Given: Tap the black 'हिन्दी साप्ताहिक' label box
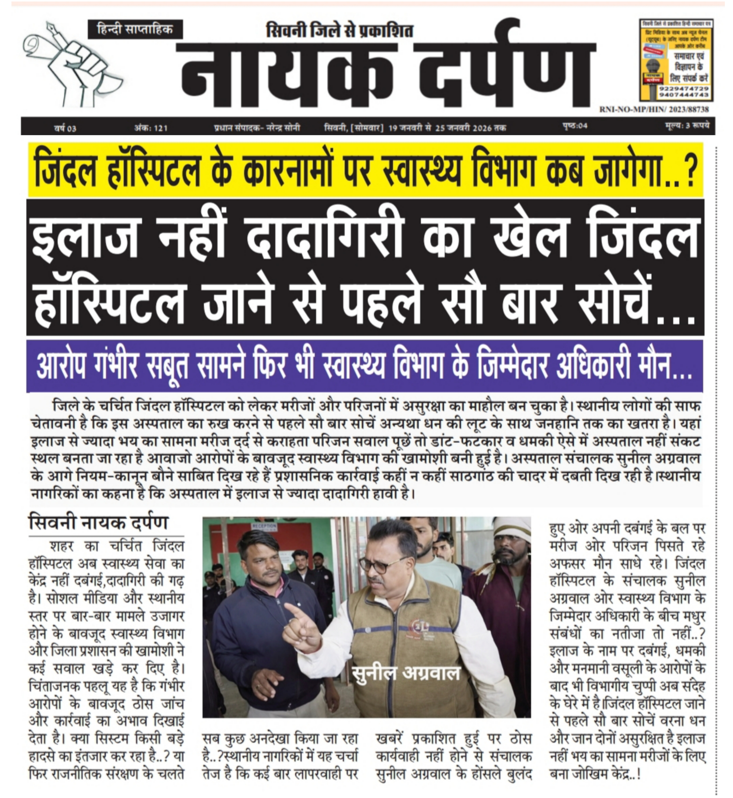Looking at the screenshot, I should coord(135,29).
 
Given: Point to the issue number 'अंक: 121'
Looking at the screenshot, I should coord(151,128).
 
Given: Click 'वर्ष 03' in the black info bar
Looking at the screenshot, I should coord(66,128).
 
